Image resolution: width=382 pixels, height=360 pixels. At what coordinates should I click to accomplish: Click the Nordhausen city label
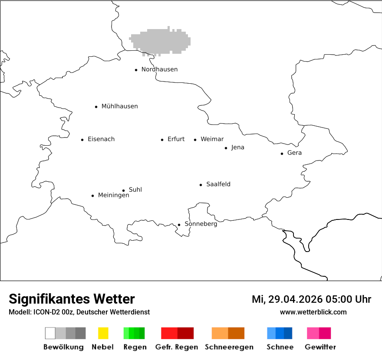point(159,69)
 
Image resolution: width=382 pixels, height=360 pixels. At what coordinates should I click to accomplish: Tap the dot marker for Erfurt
point(162,140)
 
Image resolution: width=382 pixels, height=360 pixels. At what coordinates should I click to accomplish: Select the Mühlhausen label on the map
point(119,106)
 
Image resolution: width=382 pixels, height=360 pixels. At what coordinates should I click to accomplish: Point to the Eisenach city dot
point(82,140)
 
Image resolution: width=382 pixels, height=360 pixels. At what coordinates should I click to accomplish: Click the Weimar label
point(212,139)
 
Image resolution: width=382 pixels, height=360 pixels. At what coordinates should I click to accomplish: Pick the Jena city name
point(237,147)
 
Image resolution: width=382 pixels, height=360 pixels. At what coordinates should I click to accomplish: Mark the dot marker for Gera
point(282,154)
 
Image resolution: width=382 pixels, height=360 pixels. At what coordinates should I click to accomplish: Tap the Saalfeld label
point(218,184)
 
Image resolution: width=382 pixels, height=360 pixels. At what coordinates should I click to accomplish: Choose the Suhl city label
point(135,190)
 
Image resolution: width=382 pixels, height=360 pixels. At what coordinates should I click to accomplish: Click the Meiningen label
point(113,196)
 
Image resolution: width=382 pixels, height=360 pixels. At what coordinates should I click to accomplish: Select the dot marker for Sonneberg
point(179,225)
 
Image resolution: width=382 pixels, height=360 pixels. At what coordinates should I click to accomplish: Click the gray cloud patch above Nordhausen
point(161,41)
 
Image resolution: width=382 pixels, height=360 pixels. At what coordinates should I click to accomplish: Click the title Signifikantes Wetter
point(72,299)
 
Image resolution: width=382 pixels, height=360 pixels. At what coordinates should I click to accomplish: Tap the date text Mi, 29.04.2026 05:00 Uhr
point(311,299)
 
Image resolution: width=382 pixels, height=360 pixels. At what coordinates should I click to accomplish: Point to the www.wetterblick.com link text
point(313,312)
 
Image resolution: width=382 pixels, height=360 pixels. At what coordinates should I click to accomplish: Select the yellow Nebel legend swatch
point(103,333)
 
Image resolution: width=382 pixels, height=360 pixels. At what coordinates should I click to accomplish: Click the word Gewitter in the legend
point(320,347)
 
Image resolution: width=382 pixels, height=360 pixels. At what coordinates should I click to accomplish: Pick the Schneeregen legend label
point(229,347)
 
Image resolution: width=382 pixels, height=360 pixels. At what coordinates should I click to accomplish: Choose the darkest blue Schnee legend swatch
point(288,333)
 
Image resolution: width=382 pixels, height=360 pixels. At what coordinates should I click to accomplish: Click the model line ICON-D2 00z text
point(79,312)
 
